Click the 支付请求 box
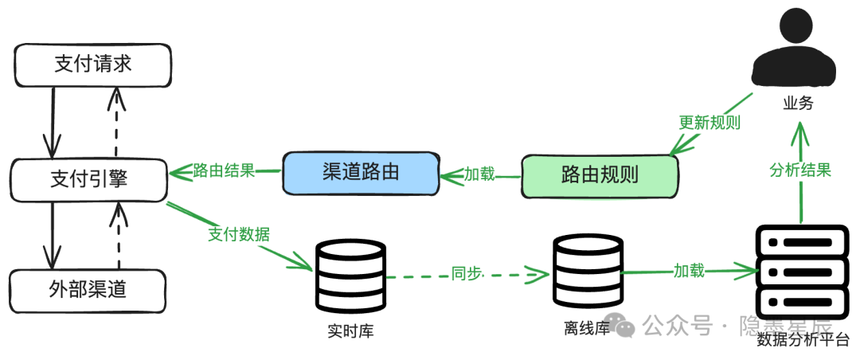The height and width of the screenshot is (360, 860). (x=92, y=65)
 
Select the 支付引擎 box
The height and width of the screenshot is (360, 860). (x=88, y=180)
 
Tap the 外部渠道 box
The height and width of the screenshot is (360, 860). (x=88, y=291)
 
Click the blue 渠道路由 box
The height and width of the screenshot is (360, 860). (x=361, y=174)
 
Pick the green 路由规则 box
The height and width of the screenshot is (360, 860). (x=600, y=176)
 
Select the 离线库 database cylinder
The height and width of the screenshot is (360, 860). (x=588, y=270)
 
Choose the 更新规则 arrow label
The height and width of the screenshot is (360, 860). (x=709, y=123)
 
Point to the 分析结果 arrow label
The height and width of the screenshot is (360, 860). (x=801, y=170)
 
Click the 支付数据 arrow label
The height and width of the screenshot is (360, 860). (x=239, y=234)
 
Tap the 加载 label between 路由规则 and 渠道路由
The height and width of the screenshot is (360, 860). (x=480, y=174)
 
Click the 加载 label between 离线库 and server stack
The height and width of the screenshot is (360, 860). (x=690, y=271)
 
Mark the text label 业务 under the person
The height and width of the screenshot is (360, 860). (x=797, y=103)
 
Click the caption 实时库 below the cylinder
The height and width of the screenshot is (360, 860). (x=351, y=331)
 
